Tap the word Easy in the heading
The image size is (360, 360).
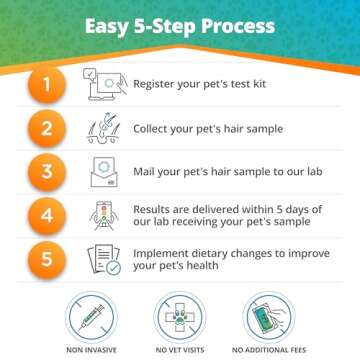point(105,23)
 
